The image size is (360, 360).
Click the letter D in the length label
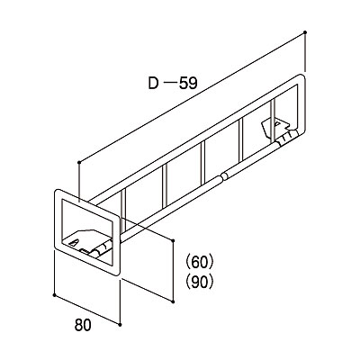click(153, 83)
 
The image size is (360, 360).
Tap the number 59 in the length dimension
click(188, 83)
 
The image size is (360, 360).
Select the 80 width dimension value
click(83, 325)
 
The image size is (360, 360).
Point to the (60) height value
click(200, 263)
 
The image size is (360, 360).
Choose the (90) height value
click(200, 282)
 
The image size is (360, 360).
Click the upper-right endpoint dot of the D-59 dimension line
click(305, 31)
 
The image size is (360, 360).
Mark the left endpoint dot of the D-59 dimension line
click(79, 162)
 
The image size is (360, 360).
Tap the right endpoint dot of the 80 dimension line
click(120, 325)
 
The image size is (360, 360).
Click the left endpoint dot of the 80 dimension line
click(54, 295)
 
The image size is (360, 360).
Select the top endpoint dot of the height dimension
click(173, 240)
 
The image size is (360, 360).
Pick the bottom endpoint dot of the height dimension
click(173, 301)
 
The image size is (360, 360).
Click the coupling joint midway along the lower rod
click(224, 175)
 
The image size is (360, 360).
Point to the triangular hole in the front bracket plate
click(74, 242)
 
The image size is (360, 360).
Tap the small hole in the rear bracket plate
click(278, 123)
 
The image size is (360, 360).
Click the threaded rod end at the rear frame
click(287, 137)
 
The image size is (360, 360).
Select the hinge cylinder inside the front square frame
click(101, 249)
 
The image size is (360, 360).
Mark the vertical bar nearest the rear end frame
click(273, 121)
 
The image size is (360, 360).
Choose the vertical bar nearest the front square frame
click(123, 210)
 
